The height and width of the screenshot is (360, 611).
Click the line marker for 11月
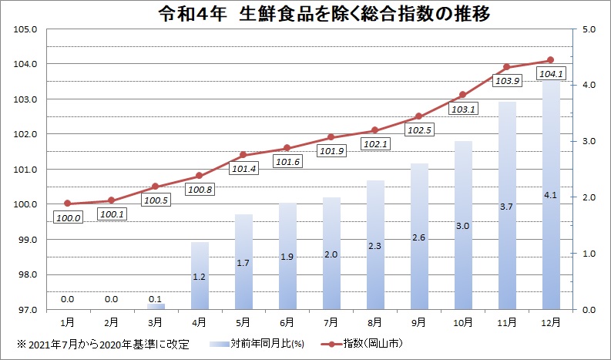point(506,67)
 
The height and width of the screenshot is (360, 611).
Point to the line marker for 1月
point(68,204)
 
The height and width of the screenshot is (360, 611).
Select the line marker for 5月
point(243,155)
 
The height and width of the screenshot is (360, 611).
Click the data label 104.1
point(551,74)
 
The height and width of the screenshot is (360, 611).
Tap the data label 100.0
point(68,218)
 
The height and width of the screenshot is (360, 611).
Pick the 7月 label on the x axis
point(331,320)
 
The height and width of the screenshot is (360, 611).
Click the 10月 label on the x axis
point(462,320)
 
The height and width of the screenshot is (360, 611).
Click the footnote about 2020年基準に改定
point(104,342)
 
